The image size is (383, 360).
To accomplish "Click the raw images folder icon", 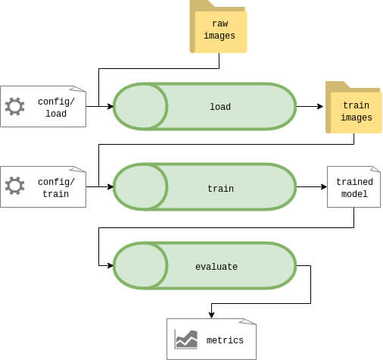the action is tap(218, 27).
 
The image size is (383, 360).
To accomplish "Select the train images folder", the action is tap(353, 108).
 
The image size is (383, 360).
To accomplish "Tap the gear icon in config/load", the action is tap(14, 106).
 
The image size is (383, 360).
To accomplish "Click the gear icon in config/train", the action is tap(14, 186).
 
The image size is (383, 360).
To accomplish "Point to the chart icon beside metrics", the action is tap(186, 340).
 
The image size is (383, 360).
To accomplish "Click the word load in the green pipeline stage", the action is tap(220, 107).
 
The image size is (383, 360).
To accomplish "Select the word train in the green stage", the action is tap(220, 189).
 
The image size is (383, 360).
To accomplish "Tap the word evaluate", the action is tap(216, 267).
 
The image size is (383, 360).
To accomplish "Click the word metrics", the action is tap(225, 340).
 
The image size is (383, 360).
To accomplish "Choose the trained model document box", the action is tap(353, 186).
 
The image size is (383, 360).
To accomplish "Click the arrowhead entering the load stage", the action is tap(111, 106).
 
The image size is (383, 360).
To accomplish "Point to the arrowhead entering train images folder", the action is tap(320, 106).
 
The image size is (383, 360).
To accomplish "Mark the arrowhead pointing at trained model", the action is tap(324, 186).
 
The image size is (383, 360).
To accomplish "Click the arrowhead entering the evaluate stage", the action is tap(111, 265).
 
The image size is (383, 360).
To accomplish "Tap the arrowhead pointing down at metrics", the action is tap(211, 315).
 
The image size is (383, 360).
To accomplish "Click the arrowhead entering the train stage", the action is tap(111, 186).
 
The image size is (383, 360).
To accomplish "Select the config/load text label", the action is tap(56, 108).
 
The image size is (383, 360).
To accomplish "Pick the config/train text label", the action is tap(56, 188).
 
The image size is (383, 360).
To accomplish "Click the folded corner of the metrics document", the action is tap(248, 321).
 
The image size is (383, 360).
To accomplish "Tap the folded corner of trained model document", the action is tap(376, 169).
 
